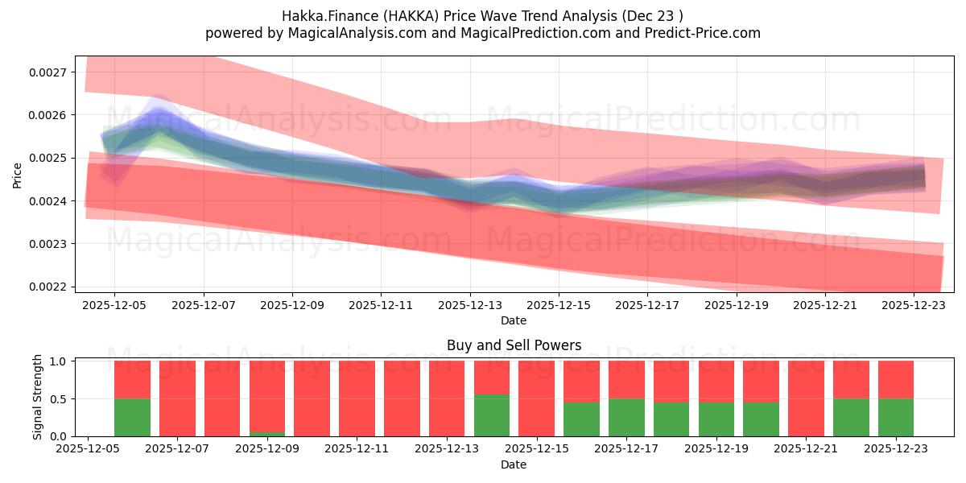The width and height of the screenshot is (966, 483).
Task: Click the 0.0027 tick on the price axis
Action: point(48,72)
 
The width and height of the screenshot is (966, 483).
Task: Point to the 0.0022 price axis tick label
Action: point(48,287)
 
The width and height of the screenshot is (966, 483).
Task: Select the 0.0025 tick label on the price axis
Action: point(48,158)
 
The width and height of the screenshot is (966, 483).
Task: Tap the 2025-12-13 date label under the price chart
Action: point(470,305)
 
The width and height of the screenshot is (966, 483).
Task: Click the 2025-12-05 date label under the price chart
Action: point(114,305)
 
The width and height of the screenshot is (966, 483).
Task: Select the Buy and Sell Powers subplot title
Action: point(514,345)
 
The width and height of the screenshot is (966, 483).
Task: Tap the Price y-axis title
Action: point(17,175)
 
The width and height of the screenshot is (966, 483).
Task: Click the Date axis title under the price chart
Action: point(514,320)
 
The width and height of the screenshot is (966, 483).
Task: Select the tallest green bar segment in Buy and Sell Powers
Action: point(492,415)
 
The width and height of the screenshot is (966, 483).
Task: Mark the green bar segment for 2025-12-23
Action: point(895,418)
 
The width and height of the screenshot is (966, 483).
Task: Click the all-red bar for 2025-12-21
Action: point(806,398)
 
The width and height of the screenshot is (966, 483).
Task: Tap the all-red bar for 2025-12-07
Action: point(177,398)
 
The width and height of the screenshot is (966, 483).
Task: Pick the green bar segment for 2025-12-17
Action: point(626,418)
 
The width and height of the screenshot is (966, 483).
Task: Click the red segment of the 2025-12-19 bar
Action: point(716,382)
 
